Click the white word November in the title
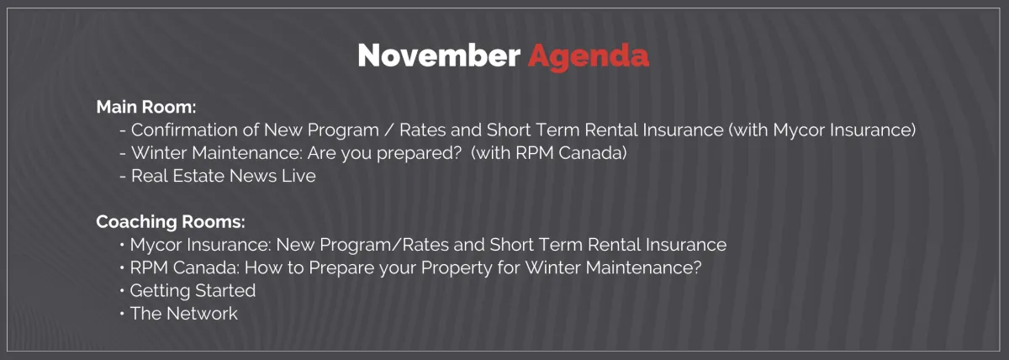(x=439, y=56)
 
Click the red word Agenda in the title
(x=589, y=57)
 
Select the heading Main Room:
(x=146, y=107)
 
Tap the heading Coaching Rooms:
(x=171, y=222)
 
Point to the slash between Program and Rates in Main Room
(x=388, y=130)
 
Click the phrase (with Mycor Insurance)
(x=822, y=130)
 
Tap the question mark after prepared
(x=457, y=153)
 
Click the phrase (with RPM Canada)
(x=548, y=153)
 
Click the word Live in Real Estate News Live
(x=298, y=176)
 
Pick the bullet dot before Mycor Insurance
(x=122, y=245)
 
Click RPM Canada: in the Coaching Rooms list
(x=185, y=268)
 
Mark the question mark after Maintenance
(x=697, y=267)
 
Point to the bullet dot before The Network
(x=122, y=314)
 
